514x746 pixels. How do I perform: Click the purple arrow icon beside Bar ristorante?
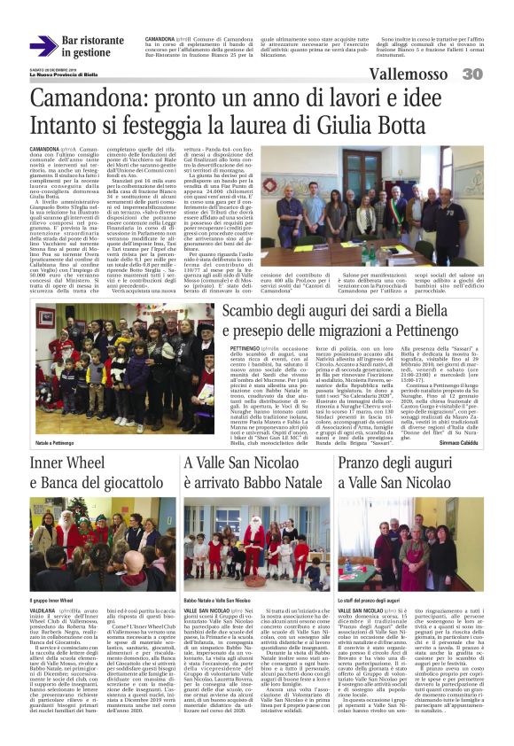pos(43,46)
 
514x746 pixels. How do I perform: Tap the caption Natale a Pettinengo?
pos(54,440)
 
